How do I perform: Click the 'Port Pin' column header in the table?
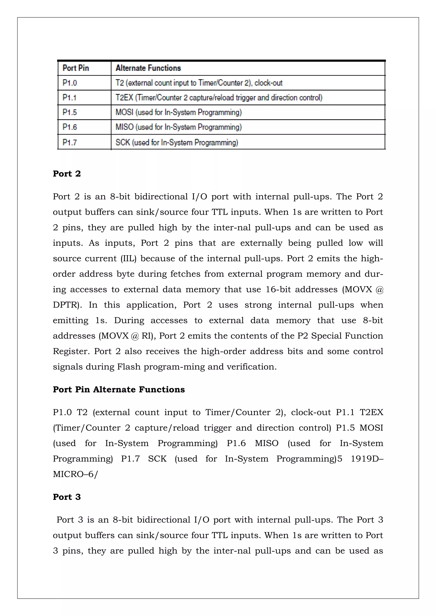pyautogui.click(x=76, y=68)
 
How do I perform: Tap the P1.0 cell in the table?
pyautogui.click(x=70, y=83)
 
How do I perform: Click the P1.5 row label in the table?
pyautogui.click(x=70, y=112)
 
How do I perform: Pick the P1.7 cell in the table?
pyautogui.click(x=70, y=142)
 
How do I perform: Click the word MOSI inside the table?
pyautogui.click(x=124, y=112)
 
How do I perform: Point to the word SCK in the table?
pyautogui.click(x=123, y=142)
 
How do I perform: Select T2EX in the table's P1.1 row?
pyautogui.click(x=124, y=98)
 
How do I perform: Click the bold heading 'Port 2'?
pyautogui.click(x=67, y=174)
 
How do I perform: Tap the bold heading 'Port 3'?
pyautogui.click(x=67, y=497)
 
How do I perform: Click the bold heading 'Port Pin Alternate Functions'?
pyautogui.click(x=119, y=390)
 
